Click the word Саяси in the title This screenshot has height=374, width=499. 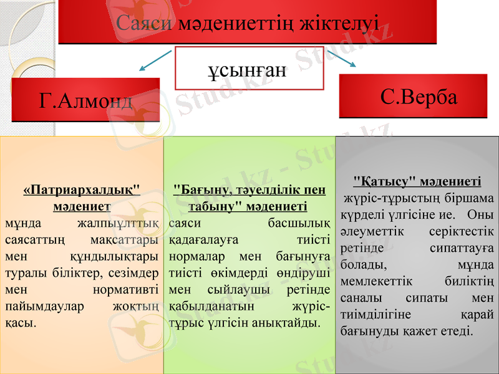point(145,23)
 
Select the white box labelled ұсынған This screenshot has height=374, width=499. point(249,68)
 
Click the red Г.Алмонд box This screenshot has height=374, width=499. point(85,98)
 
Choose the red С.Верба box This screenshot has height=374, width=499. point(413,97)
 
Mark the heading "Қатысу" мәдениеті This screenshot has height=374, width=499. point(417,181)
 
